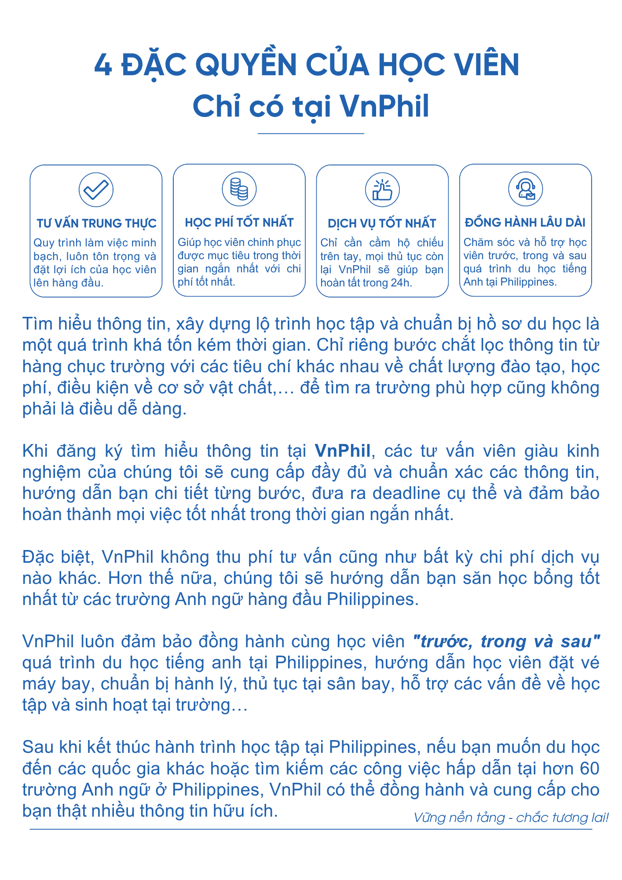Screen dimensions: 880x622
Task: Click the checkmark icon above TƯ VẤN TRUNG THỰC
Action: pos(96,190)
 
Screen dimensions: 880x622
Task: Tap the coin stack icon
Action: pos(239,189)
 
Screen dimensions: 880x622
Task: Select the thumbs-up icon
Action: pos(382,190)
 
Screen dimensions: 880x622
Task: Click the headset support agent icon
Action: pos(525,189)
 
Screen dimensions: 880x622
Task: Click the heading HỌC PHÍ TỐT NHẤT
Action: pos(239,223)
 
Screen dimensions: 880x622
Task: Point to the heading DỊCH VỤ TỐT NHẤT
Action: pos(382,224)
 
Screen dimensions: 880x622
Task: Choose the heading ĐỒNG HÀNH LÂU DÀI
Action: pos(525,223)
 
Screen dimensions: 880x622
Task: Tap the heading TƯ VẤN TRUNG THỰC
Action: pos(96,224)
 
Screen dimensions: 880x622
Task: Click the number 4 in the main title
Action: pos(103,65)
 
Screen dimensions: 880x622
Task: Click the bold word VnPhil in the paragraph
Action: pos(343,451)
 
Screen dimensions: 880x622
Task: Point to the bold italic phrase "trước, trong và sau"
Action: pos(506,642)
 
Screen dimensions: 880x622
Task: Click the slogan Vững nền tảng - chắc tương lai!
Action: pos(511,818)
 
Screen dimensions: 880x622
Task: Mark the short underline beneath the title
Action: pos(311,133)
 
